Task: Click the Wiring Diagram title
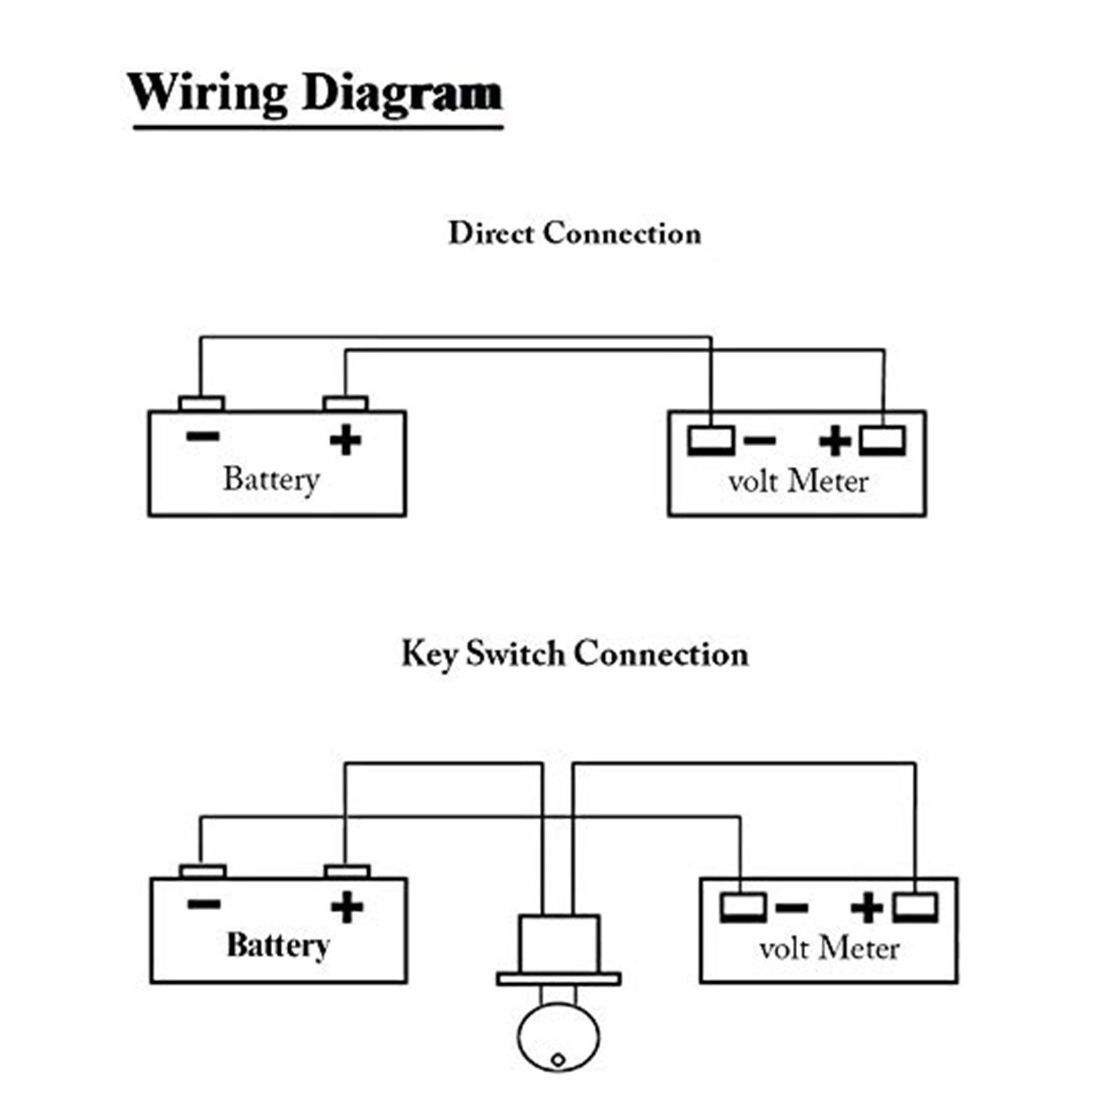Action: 315,93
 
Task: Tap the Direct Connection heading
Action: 575,234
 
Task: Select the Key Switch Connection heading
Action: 575,654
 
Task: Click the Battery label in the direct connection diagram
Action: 271,479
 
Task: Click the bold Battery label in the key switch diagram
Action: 278,946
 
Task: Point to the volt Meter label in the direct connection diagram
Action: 798,482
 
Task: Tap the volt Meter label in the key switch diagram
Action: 829,949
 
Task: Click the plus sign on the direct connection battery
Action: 346,440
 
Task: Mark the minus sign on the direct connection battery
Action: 202,437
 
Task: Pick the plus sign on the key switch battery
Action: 347,907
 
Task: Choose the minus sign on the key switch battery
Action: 203,904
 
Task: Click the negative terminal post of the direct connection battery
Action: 202,404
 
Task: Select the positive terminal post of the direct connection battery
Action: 346,404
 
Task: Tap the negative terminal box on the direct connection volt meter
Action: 711,440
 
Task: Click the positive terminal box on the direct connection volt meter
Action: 882,440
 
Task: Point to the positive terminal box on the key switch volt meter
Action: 915,908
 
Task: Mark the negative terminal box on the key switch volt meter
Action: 743,908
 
